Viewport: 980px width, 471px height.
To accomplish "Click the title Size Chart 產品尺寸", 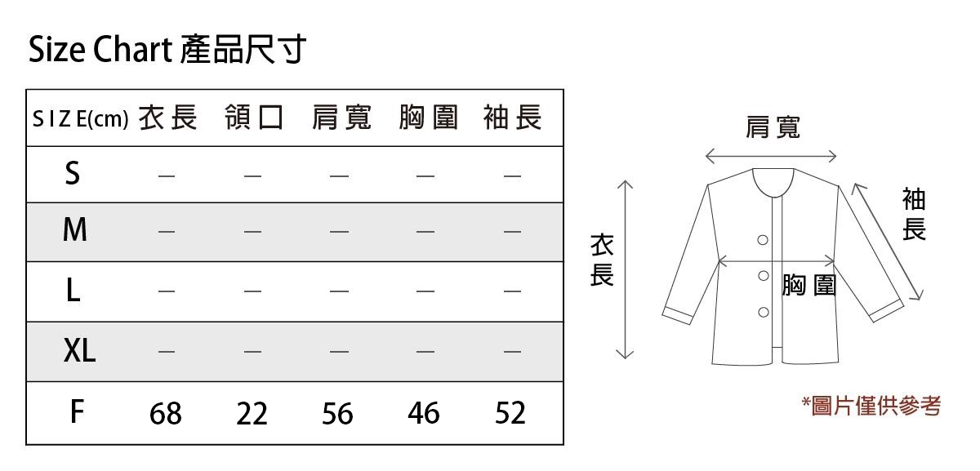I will [167, 51].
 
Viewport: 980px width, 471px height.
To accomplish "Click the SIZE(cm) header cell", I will [80, 119].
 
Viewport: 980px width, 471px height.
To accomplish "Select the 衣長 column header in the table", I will [167, 118].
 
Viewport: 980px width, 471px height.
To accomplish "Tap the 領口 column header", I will [253, 118].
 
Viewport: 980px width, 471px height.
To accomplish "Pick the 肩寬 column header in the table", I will [341, 118].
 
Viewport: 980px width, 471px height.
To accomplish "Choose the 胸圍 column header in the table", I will [427, 118].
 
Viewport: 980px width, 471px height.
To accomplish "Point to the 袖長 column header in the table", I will [512, 118].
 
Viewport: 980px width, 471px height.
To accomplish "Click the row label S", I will [73, 174].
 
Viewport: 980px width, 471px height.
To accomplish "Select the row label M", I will [74, 232].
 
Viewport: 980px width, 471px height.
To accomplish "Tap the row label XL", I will [79, 352].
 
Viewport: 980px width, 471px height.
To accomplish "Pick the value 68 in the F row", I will [166, 414].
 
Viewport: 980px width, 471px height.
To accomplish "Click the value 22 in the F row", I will [252, 414].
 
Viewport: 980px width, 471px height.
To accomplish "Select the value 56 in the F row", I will [337, 414].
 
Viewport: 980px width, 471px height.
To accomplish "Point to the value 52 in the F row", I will [510, 414].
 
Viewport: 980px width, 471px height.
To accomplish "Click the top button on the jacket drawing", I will [763, 240].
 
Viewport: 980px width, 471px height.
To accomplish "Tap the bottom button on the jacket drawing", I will [764, 312].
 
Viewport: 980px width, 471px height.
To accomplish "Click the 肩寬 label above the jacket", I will [773, 127].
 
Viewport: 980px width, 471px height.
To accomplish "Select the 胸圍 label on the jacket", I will [808, 285].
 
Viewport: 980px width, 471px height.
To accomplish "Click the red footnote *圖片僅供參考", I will [871, 405].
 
